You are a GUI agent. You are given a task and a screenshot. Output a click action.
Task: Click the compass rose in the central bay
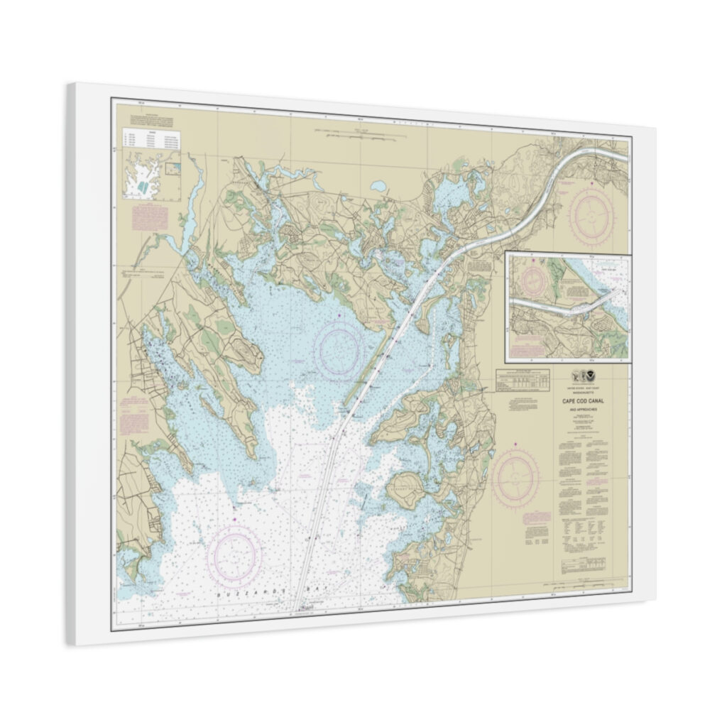(339, 350)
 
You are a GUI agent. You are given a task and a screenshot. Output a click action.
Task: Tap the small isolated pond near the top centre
(378, 186)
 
